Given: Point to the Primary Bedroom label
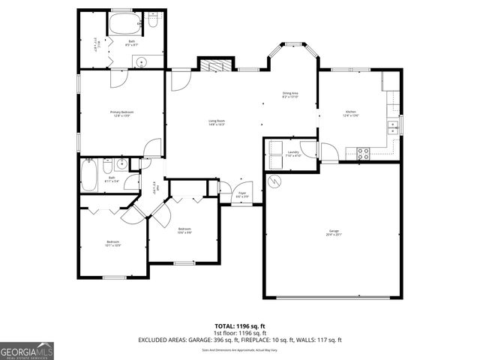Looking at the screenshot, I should pyautogui.click(x=121, y=113).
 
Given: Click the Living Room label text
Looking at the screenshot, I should pyautogui.click(x=217, y=122).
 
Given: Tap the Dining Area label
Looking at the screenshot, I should pyautogui.click(x=290, y=94).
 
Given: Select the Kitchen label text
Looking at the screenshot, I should pyautogui.click(x=351, y=113).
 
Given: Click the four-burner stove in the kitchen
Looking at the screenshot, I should pyautogui.click(x=363, y=154).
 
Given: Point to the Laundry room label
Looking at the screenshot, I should pyautogui.click(x=293, y=154).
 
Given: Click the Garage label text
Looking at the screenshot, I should pyautogui.click(x=333, y=232).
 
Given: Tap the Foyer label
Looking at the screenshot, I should pyautogui.click(x=242, y=194).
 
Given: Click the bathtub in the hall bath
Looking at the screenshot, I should pyautogui.click(x=88, y=178).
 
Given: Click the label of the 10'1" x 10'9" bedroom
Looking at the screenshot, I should pyautogui.click(x=113, y=243).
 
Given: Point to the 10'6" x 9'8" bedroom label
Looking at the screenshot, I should pyautogui.click(x=184, y=230).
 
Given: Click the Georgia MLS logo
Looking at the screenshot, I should pyautogui.click(x=27, y=350).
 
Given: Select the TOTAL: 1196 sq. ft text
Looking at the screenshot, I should pyautogui.click(x=240, y=326).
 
